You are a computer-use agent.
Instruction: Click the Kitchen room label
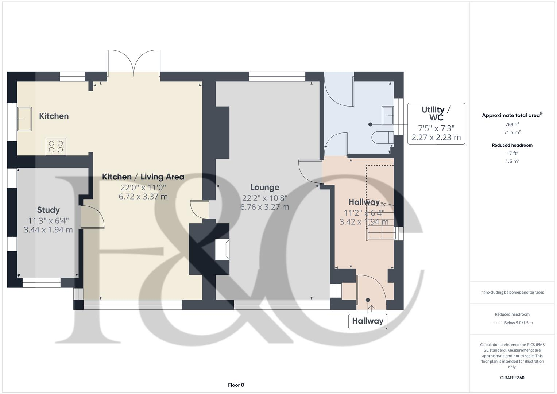tap(54, 116)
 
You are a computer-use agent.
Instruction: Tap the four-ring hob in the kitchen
tap(56, 146)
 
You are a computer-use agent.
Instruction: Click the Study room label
tap(48, 210)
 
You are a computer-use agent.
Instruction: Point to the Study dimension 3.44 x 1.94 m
tap(48, 230)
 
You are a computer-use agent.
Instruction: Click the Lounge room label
tap(264, 188)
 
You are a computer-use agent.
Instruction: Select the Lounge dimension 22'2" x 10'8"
tap(264, 198)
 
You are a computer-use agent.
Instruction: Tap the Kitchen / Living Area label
tap(143, 177)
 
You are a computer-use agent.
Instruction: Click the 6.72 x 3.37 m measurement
tap(143, 197)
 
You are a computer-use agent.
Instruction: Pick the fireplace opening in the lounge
tap(222, 250)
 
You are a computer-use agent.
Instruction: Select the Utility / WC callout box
tap(436, 124)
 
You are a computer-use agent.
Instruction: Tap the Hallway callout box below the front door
tap(367, 321)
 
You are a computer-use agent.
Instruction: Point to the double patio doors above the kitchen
tap(134, 63)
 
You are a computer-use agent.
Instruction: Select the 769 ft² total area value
tap(512, 124)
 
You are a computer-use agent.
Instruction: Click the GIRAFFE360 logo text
tap(512, 378)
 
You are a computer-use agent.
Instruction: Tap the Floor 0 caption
tap(236, 385)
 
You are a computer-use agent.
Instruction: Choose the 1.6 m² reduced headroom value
tap(512, 161)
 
